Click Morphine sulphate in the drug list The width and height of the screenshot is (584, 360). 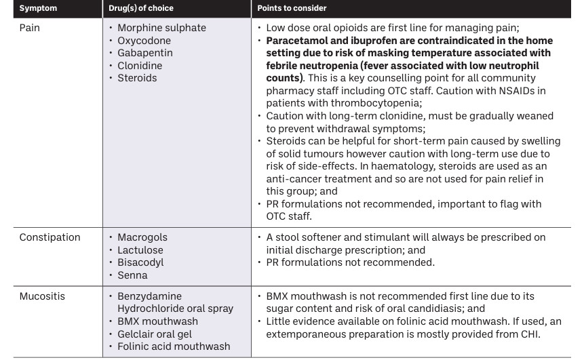pyautogui.click(x=161, y=28)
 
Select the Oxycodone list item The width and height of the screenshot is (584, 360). pyautogui.click(x=144, y=41)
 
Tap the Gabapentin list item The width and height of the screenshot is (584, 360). pyautogui.click(x=144, y=53)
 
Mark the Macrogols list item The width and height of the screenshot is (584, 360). pyautogui.click(x=142, y=237)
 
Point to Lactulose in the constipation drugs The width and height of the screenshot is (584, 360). pyautogui.click(x=140, y=249)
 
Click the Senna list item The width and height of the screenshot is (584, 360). pyautogui.click(x=132, y=275)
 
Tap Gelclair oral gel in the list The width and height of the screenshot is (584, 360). pyautogui.click(x=154, y=334)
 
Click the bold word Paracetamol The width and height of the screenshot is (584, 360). pyautogui.click(x=298, y=41)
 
